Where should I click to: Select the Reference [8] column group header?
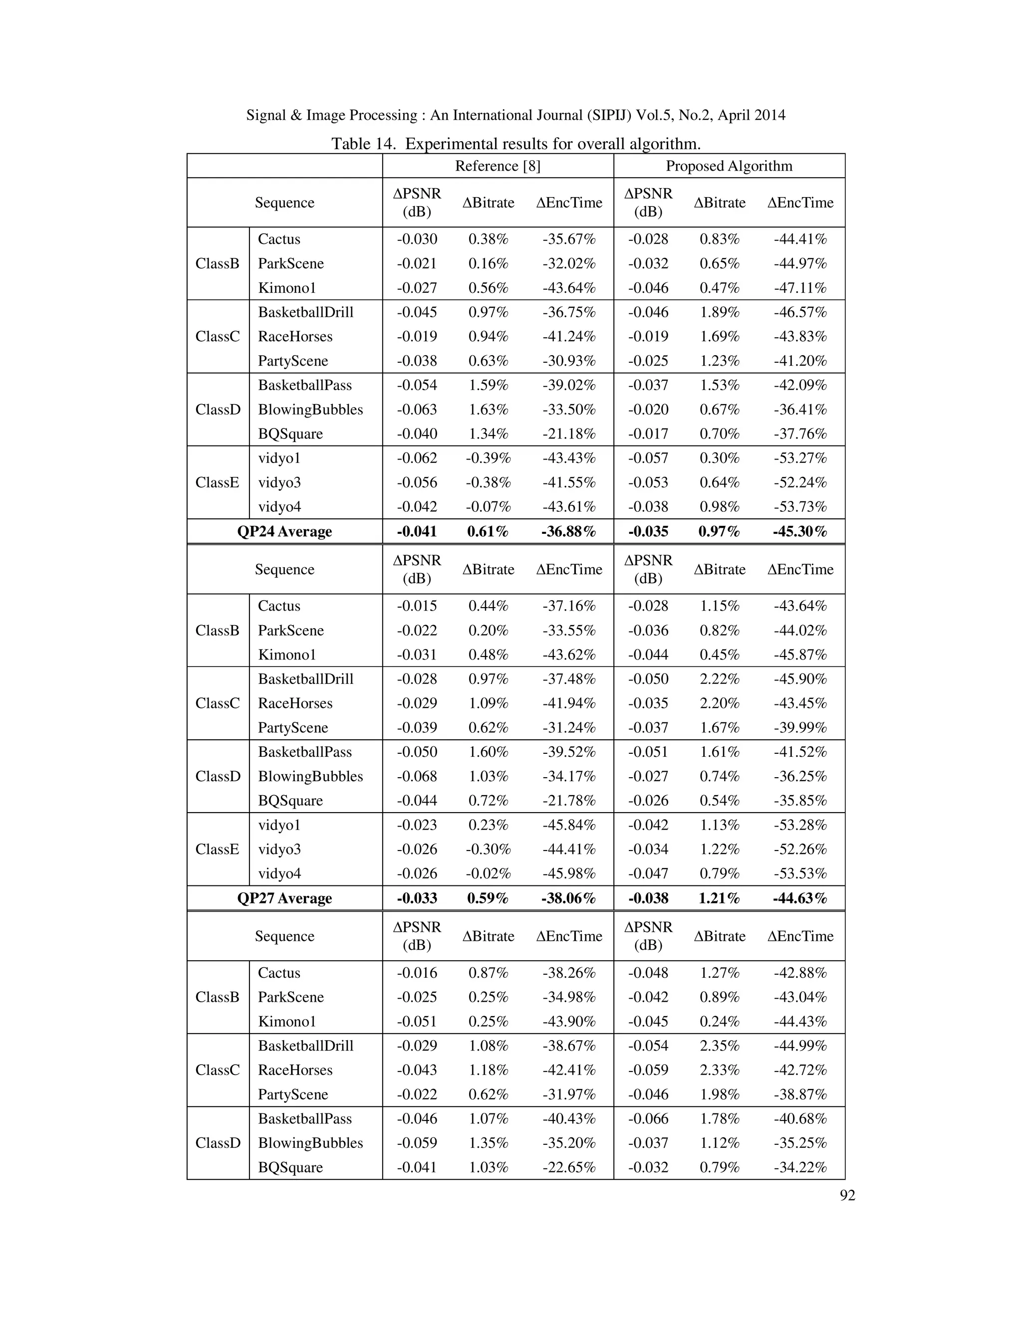coord(497,166)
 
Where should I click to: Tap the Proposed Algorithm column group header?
coord(729,166)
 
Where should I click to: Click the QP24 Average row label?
coord(284,531)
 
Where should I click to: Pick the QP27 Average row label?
coord(284,898)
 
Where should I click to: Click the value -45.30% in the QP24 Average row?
coord(799,531)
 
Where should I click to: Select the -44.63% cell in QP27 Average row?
coord(799,898)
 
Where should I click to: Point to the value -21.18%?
coord(568,434)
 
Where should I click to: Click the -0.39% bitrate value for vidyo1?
coord(488,458)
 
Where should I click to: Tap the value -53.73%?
coord(799,507)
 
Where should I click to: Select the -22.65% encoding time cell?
coord(568,1167)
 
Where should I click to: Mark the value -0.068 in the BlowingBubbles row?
coord(417,776)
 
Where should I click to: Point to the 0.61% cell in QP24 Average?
coord(488,531)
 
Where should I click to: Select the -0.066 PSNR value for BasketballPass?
coord(648,1118)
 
